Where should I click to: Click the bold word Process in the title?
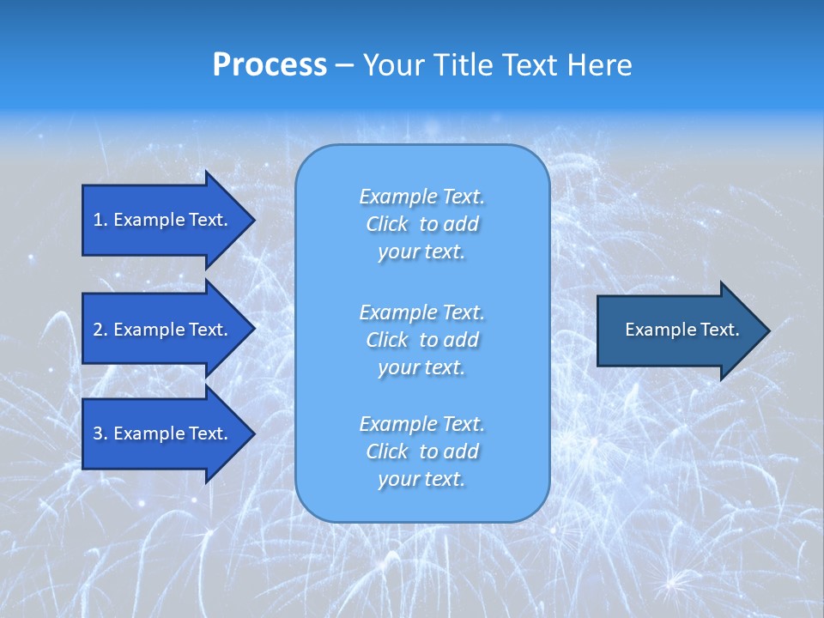point(270,65)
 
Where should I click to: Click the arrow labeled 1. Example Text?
point(163,220)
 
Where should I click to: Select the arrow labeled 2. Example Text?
point(163,330)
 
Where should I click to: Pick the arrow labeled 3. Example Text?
point(163,433)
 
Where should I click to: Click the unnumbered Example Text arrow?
point(678,330)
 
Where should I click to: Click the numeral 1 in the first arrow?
point(98,220)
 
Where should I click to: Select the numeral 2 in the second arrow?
point(98,330)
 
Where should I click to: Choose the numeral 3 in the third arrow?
point(98,433)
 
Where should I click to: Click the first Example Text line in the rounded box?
point(421,197)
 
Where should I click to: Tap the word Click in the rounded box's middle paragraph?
point(387,340)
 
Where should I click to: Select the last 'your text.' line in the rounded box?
point(421,479)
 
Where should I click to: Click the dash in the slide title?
point(345,65)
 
